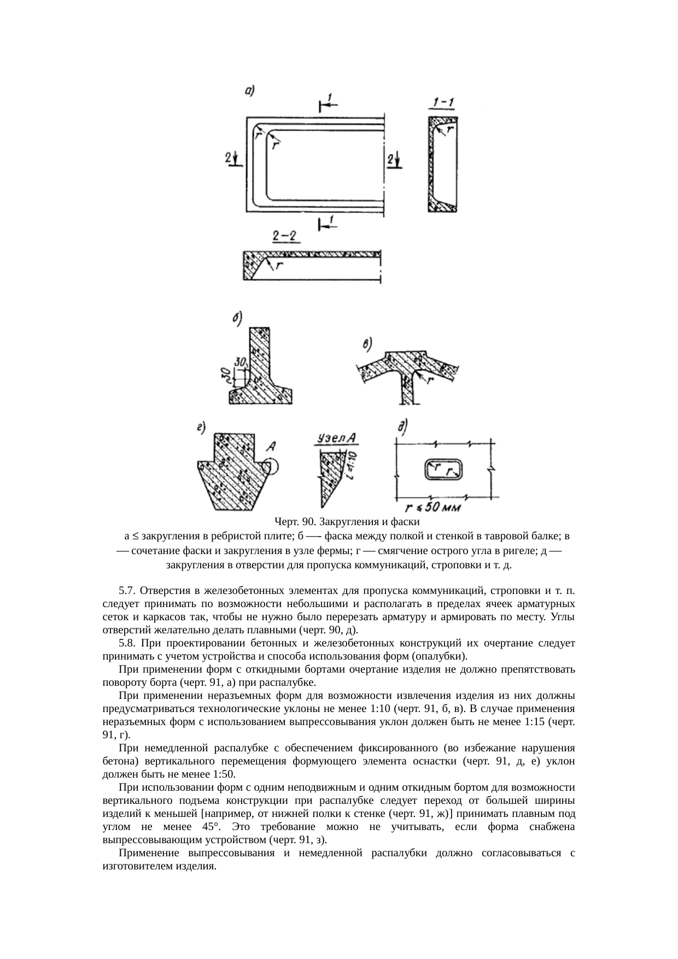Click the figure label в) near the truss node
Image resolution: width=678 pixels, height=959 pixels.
coord(367,344)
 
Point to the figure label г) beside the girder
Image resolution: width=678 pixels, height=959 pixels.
coord(201,428)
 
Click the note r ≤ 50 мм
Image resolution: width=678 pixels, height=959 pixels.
coord(429,508)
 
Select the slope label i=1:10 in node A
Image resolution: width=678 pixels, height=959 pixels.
coord(350,465)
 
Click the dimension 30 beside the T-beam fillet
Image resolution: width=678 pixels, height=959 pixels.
coord(239,361)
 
